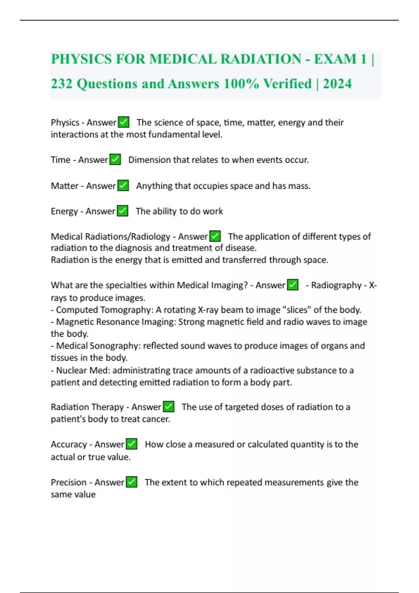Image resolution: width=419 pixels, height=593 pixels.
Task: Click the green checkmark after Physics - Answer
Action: [124, 122]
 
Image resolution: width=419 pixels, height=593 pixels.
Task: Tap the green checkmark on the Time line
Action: [115, 159]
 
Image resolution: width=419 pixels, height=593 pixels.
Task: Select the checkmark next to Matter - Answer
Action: [123, 185]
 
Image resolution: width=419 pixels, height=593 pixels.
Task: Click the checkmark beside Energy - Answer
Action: [123, 211]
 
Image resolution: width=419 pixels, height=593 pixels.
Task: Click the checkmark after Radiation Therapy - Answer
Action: [169, 406]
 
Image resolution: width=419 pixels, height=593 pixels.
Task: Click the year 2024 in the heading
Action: [337, 84]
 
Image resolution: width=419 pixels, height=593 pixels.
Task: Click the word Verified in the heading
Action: [287, 84]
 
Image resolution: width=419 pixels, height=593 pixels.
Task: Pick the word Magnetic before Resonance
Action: [75, 322]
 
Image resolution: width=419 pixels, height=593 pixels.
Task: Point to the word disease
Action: [241, 248]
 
